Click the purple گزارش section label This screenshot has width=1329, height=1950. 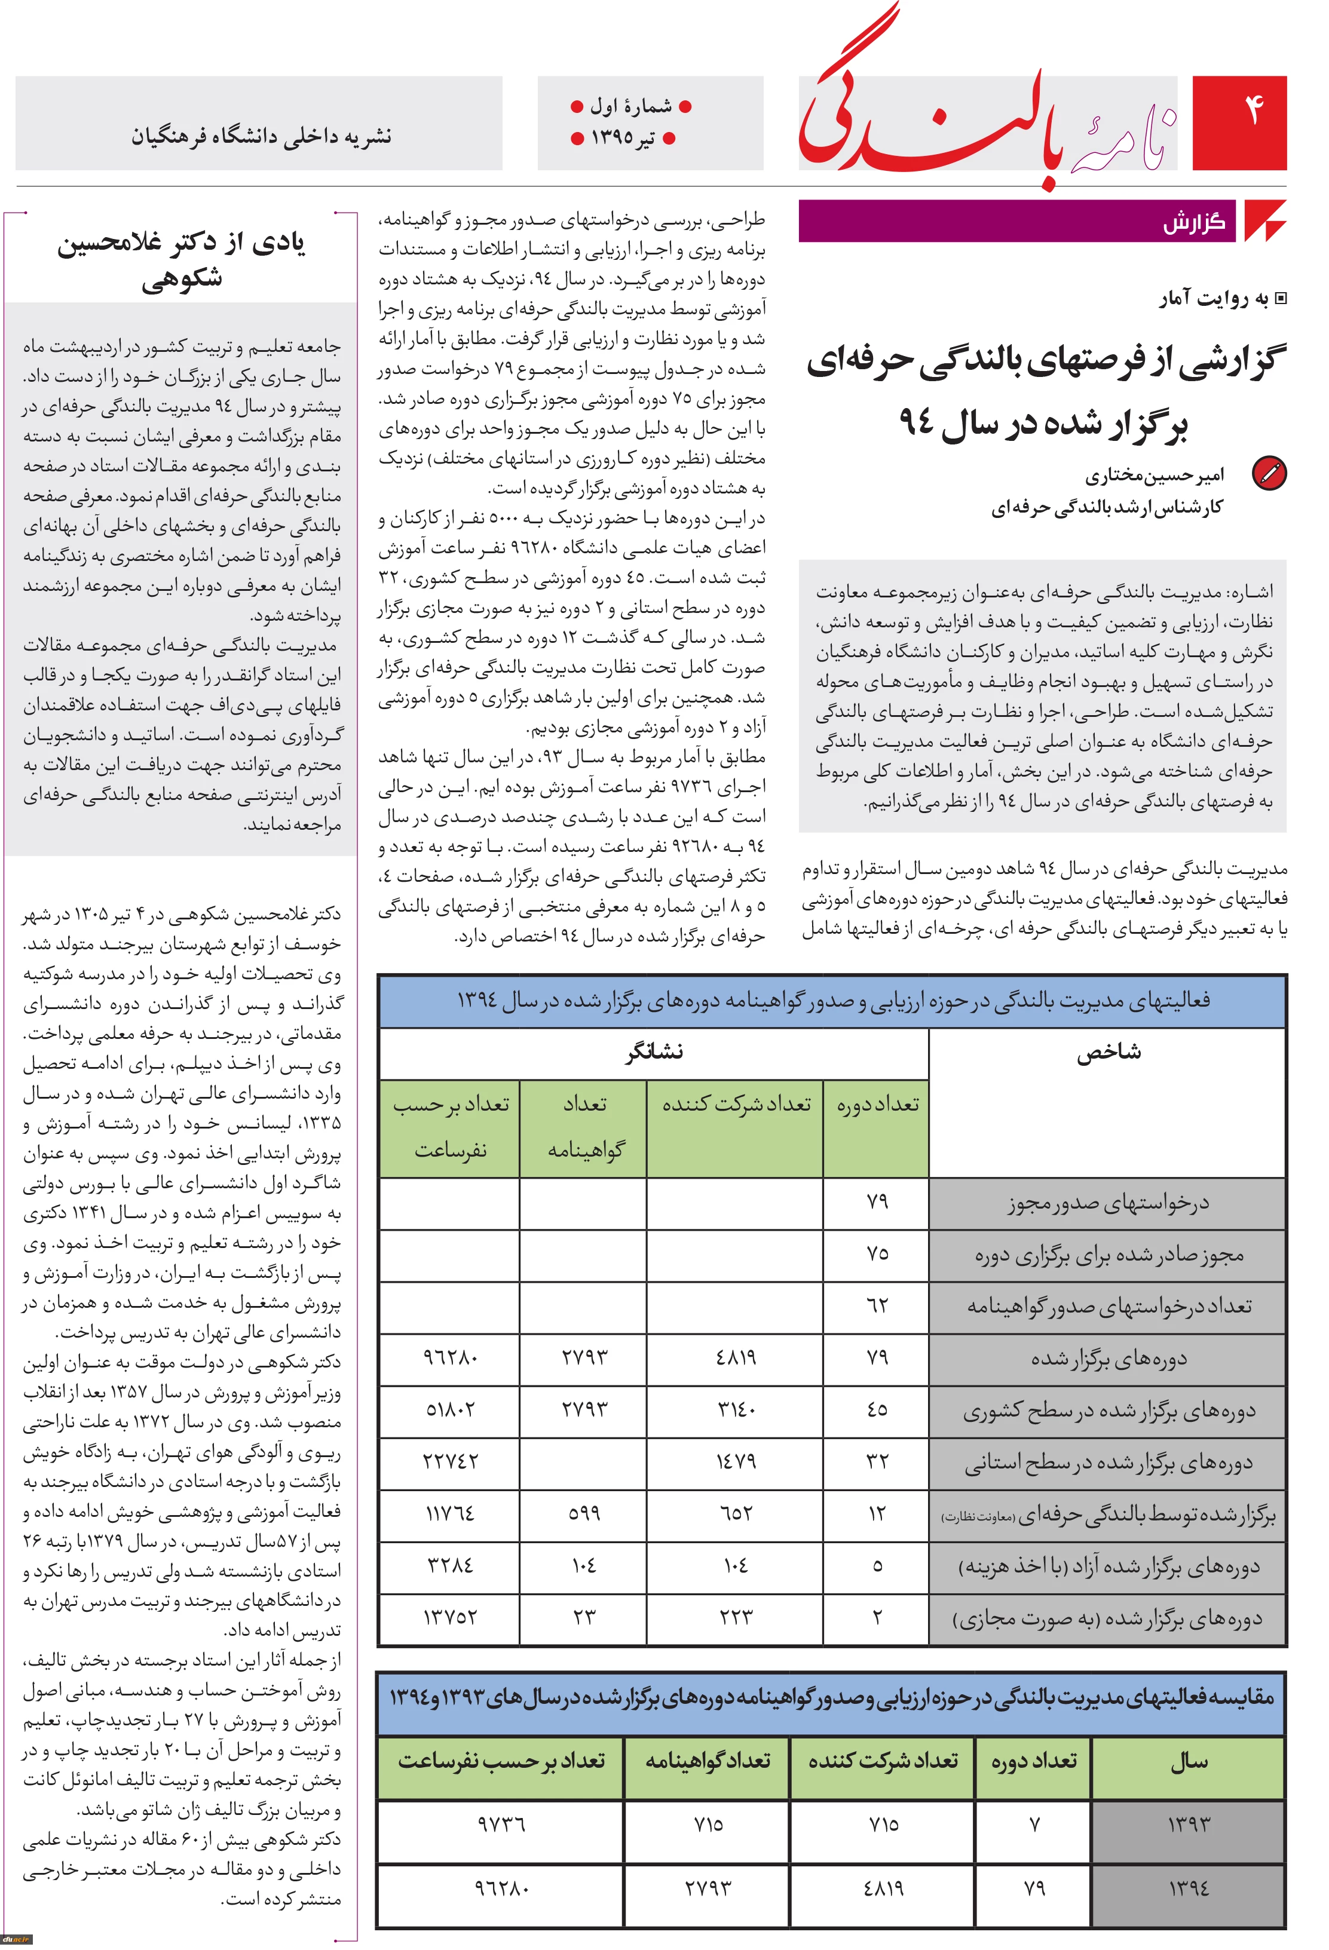tap(1193, 222)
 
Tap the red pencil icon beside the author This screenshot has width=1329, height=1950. tap(1269, 473)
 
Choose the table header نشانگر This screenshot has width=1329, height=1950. tap(654, 1052)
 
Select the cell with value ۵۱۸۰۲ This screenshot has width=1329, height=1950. tap(450, 1410)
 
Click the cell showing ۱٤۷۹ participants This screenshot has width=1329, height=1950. tap(735, 1462)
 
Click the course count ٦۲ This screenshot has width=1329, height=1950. tap(877, 1305)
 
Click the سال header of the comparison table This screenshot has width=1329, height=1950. tap(1189, 1761)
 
